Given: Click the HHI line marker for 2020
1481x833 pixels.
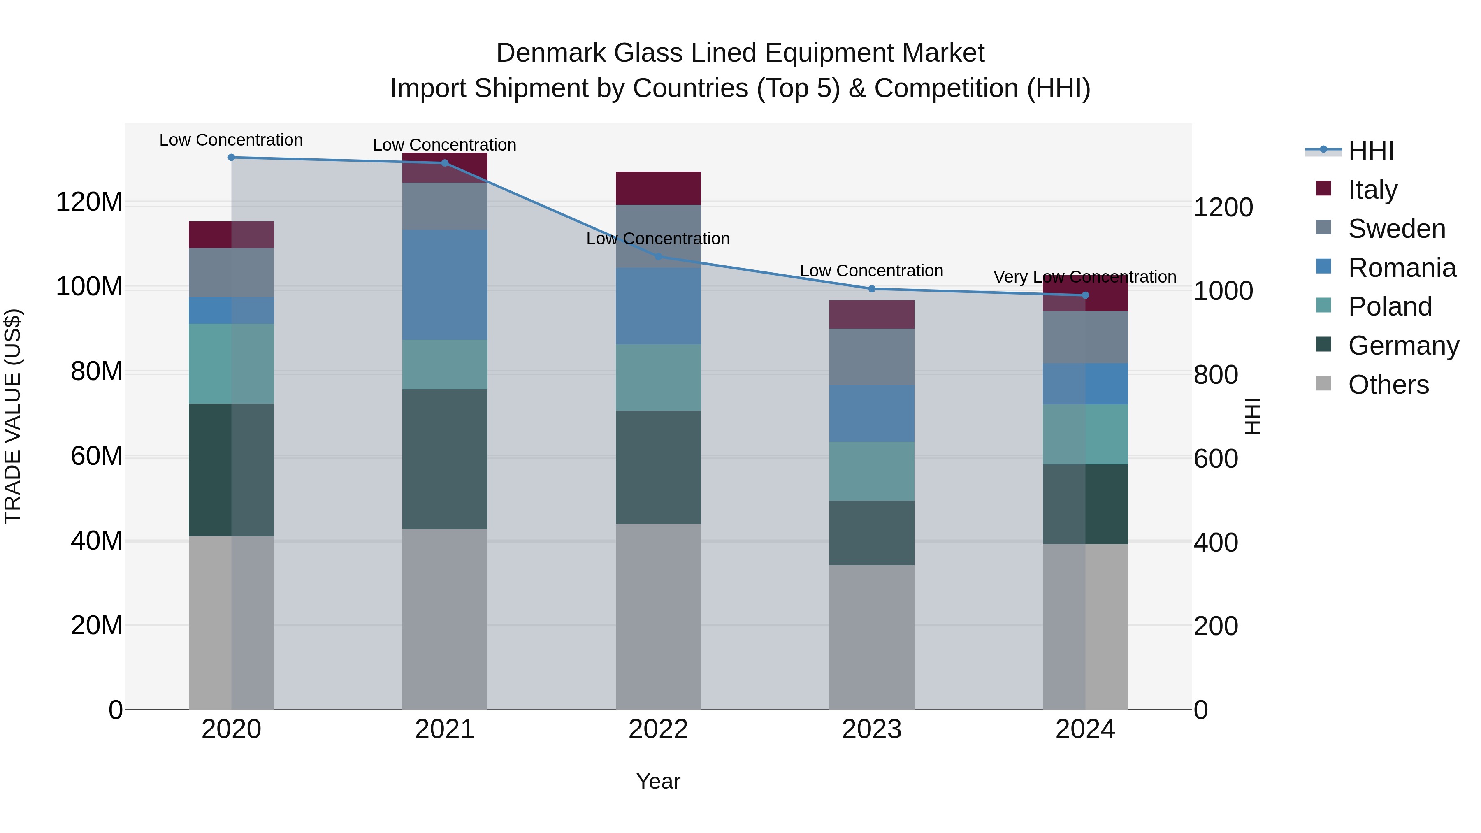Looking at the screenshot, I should click(x=231, y=158).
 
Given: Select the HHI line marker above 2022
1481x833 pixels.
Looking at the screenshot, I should click(x=658, y=256).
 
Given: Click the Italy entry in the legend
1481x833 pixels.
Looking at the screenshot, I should click(x=1372, y=189).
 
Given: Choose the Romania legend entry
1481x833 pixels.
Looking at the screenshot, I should click(x=1402, y=267).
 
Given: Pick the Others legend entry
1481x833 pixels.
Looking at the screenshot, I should click(x=1388, y=385).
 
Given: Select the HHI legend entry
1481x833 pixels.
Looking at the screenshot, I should click(x=1371, y=151).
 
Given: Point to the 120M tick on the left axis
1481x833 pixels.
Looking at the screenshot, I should click(x=89, y=202).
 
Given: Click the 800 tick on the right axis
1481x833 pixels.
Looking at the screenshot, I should click(x=1215, y=375).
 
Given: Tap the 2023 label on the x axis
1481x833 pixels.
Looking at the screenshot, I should click(x=872, y=729).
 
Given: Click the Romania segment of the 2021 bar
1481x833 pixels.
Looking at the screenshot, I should click(x=444, y=285).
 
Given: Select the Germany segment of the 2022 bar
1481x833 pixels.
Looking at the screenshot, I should click(x=658, y=467).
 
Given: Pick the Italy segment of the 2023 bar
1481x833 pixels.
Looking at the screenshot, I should click(x=872, y=314).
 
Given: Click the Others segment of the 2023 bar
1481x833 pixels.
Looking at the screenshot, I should click(x=872, y=637).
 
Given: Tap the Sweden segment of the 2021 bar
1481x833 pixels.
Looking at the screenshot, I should click(x=444, y=206).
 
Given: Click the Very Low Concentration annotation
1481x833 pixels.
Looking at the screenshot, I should click(x=1084, y=277).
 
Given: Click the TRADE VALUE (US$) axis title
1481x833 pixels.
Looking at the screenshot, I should click(x=13, y=416).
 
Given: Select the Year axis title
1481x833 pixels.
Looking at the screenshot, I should click(x=658, y=781).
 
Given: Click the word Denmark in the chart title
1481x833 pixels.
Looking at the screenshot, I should click(x=551, y=53).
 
